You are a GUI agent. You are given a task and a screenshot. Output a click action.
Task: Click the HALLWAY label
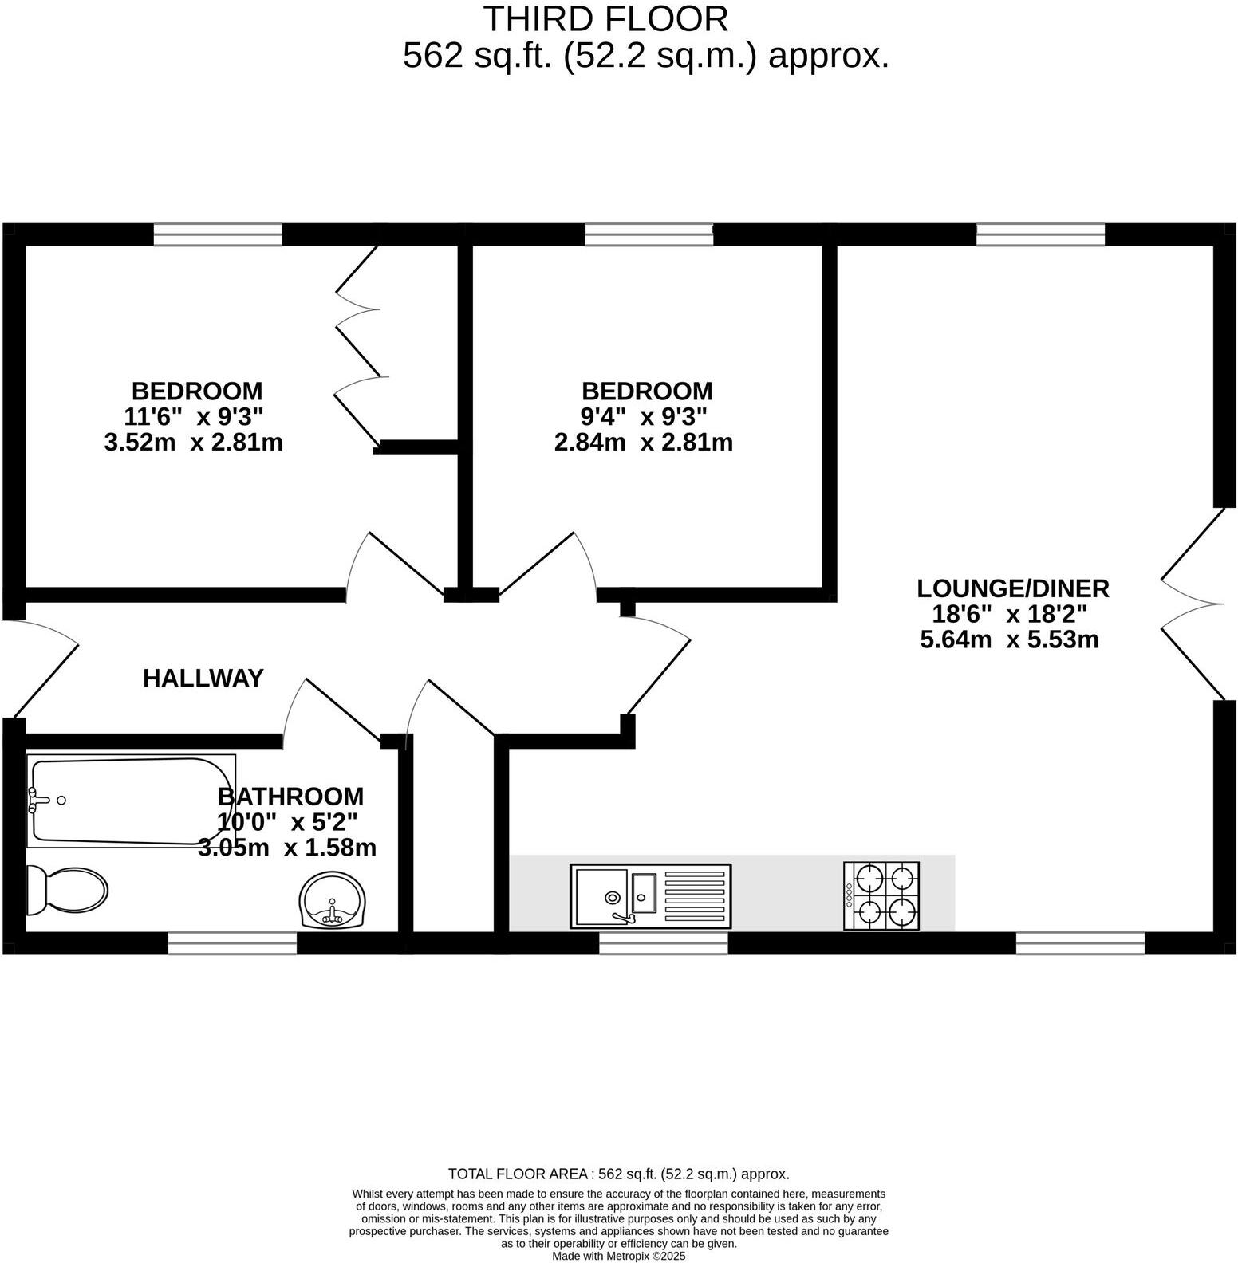pyautogui.click(x=203, y=678)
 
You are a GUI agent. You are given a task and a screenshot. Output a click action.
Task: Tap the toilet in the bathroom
pyautogui.click(x=67, y=890)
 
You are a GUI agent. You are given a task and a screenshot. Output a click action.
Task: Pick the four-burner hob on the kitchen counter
pyautogui.click(x=881, y=895)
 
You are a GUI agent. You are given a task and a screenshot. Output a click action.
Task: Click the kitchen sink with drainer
pyautogui.click(x=650, y=896)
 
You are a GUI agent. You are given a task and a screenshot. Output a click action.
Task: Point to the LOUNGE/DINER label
pyautogui.click(x=1012, y=588)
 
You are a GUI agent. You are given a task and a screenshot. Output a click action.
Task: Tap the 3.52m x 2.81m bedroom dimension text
pyautogui.click(x=193, y=442)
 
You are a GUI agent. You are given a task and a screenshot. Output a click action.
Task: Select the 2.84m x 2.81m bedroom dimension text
pyautogui.click(x=643, y=442)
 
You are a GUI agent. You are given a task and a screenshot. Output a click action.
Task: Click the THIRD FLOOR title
pyautogui.click(x=606, y=19)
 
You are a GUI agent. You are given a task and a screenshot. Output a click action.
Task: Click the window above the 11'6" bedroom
pyautogui.click(x=218, y=234)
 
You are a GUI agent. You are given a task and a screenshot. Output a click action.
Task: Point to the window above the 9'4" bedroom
pyautogui.click(x=649, y=234)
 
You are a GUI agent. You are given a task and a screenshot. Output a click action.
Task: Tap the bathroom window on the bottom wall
pyautogui.click(x=232, y=943)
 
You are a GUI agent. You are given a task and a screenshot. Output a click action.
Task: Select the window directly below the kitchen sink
pyautogui.click(x=663, y=943)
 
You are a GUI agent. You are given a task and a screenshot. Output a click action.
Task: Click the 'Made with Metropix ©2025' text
pyautogui.click(x=618, y=1256)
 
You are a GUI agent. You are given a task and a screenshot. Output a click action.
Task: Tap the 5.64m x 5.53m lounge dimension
pyautogui.click(x=1009, y=639)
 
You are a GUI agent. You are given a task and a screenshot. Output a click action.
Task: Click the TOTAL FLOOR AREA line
pyautogui.click(x=618, y=1174)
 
